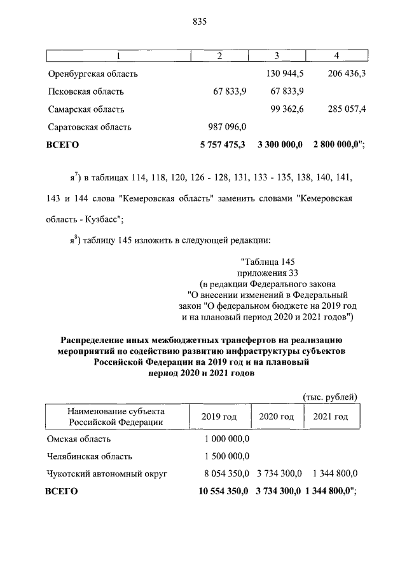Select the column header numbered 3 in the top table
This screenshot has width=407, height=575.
[x=277, y=56]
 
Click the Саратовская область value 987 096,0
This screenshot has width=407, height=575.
[x=228, y=126]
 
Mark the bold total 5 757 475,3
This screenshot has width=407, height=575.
[x=224, y=144]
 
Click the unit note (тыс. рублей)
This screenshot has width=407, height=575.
[x=329, y=397]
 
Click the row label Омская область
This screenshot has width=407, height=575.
[x=79, y=438]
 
